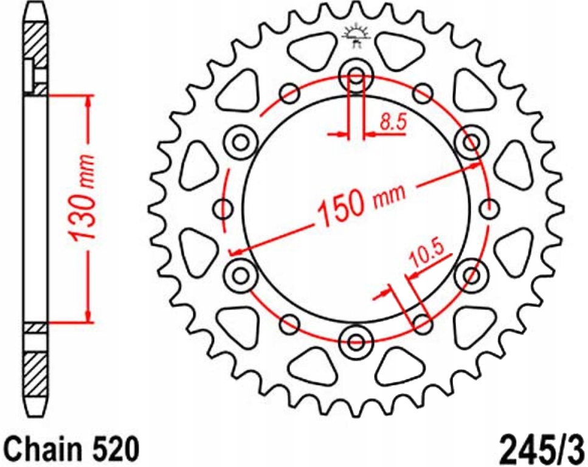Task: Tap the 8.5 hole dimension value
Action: (392, 123)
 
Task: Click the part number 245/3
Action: (542, 451)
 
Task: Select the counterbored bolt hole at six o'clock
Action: (356, 342)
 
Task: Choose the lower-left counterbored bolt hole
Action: (241, 275)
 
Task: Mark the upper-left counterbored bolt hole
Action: (241, 142)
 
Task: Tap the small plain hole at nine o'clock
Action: (223, 209)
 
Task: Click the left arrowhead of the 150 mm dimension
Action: (235, 250)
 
